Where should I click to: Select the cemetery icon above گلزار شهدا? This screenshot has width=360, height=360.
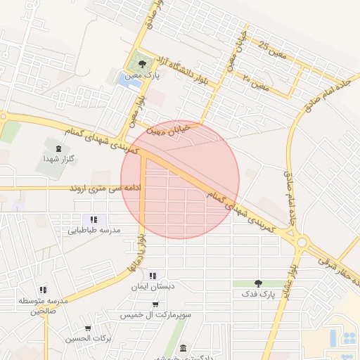58,148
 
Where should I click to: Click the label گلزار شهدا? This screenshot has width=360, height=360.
58,159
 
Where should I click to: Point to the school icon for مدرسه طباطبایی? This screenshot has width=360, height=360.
94,219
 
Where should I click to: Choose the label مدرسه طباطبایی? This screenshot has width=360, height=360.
94,230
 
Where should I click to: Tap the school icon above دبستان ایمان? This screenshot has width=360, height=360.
153,276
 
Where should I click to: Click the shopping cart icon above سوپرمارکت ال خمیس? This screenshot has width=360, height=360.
155,304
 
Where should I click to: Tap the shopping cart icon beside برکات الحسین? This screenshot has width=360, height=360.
87,328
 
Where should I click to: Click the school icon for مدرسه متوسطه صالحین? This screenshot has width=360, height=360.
43,290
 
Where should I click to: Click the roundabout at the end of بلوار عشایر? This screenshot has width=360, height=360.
302,242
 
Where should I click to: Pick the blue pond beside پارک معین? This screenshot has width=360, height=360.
127,80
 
